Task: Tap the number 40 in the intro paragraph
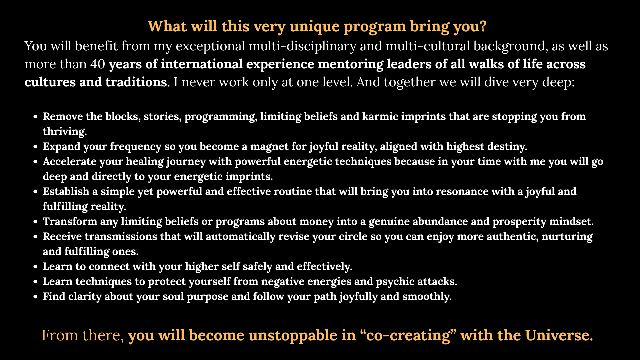(x=98, y=64)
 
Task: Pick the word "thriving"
(x=65, y=132)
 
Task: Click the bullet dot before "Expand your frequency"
(x=35, y=147)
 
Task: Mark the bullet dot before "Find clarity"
(x=35, y=297)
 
